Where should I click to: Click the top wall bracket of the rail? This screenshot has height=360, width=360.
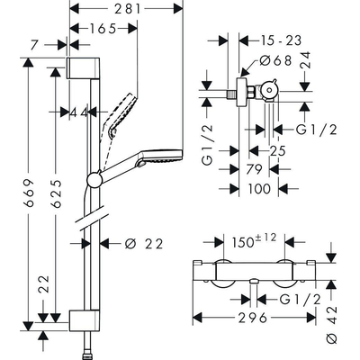coord(78,71)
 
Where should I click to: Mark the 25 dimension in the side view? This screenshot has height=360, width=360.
coord(277,149)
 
